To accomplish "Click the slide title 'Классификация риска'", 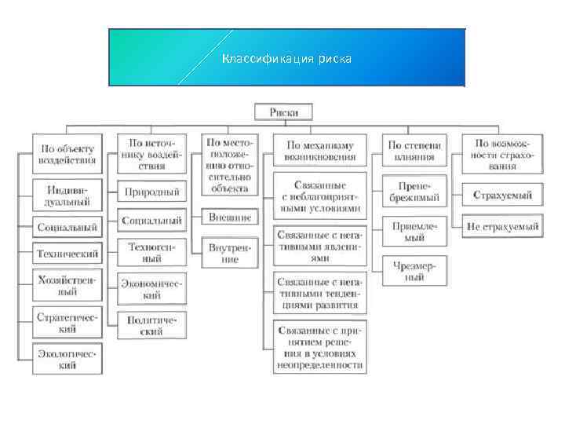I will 286,59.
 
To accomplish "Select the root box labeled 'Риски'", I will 283,112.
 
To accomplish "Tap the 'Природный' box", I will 151,192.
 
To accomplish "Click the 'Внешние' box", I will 230,217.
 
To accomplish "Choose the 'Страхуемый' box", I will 501,195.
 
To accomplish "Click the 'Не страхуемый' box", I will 501,227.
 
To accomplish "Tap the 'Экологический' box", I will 67,360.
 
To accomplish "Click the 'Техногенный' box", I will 151,252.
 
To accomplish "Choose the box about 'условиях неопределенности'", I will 320,346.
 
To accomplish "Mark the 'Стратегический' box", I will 67,323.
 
